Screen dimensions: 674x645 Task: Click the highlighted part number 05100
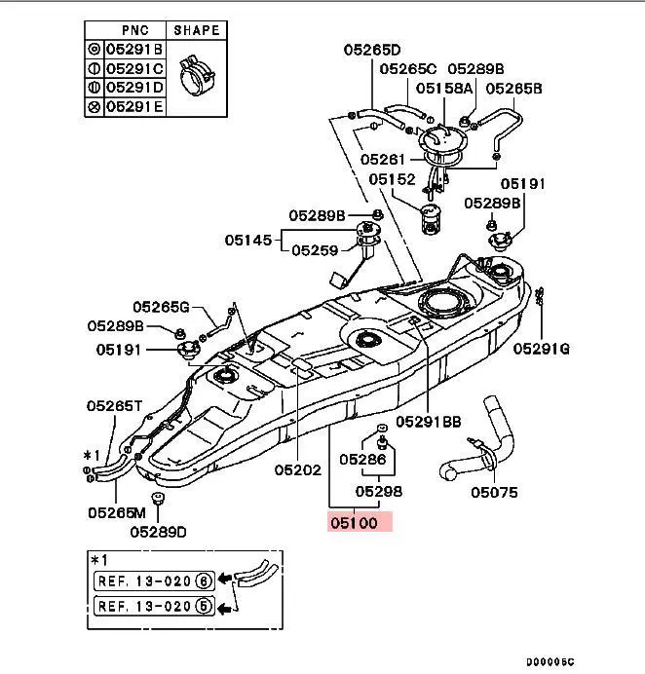click(x=359, y=522)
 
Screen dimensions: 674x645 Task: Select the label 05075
click(x=494, y=493)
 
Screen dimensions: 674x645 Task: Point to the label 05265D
click(x=372, y=50)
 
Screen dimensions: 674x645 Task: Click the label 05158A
click(x=444, y=89)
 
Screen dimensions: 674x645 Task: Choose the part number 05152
click(x=392, y=179)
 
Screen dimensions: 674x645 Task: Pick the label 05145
click(x=249, y=239)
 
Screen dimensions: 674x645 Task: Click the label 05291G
click(x=542, y=348)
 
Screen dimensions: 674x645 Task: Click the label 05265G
click(x=162, y=308)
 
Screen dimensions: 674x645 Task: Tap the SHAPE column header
click(x=195, y=29)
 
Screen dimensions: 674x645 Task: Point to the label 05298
click(x=378, y=492)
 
